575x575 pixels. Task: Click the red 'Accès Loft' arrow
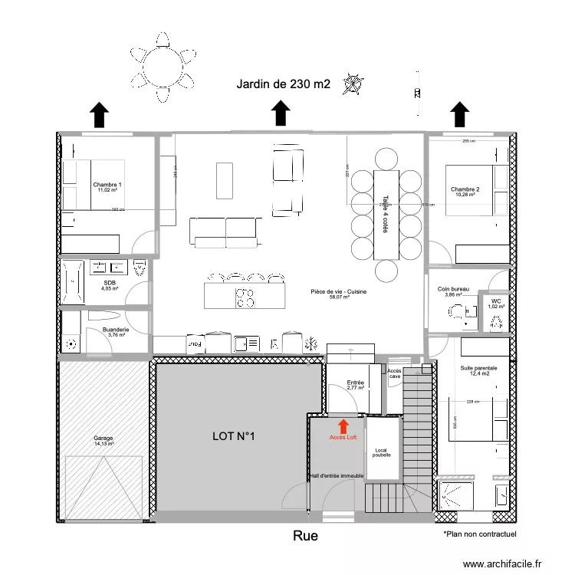[x=343, y=425]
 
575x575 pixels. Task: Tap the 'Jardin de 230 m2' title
[x=284, y=84]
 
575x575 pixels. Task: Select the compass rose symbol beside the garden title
[x=353, y=83]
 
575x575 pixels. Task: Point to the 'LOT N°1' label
[x=233, y=436]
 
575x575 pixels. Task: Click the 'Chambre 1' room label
[x=107, y=186]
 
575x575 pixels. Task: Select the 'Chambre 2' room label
[x=465, y=190]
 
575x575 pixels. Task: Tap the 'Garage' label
[x=103, y=439]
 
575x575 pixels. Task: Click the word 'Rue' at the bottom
[x=304, y=536]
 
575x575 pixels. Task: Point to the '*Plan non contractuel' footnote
[x=480, y=534]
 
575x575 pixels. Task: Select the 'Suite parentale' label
[x=478, y=369]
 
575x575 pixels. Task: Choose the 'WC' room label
[x=496, y=303]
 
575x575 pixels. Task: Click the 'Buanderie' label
[x=116, y=330]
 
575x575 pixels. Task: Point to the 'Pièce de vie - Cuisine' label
[x=340, y=292]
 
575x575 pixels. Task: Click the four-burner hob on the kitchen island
[x=245, y=296]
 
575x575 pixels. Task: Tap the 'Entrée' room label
[x=355, y=383]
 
